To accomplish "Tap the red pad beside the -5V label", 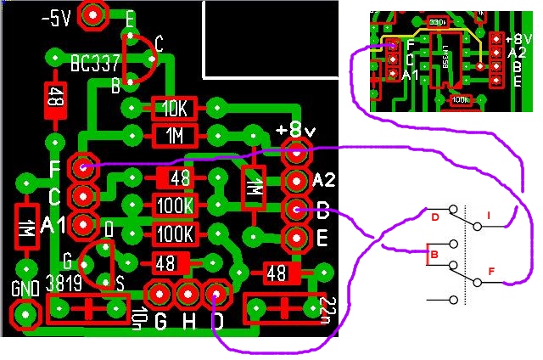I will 92,14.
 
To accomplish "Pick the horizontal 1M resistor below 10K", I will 174,135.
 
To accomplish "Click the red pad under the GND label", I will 28,315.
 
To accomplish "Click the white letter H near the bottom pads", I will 188,322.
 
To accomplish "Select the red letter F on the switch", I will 490,272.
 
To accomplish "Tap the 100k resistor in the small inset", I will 461,99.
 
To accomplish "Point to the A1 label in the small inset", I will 411,76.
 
